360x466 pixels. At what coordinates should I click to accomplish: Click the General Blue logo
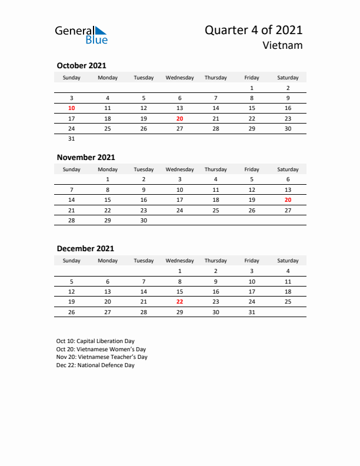81,35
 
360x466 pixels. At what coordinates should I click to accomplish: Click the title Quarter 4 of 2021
254,31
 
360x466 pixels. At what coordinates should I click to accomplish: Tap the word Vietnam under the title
283,45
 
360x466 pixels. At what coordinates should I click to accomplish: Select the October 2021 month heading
81,66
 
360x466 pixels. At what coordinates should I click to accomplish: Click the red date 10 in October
72,108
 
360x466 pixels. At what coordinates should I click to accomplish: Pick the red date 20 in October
180,118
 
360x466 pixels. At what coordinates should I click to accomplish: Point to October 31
72,139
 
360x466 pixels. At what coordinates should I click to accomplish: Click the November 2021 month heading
85,157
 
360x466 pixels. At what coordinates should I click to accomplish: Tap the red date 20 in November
288,199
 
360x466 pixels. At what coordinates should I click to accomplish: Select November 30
144,220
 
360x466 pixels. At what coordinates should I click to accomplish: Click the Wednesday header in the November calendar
180,169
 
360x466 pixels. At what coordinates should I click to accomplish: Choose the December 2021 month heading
85,248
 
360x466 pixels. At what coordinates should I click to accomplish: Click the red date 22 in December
180,301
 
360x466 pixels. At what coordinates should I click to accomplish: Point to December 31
252,312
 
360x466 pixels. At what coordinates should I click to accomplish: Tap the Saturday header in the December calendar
288,261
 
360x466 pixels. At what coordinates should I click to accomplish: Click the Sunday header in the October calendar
72,78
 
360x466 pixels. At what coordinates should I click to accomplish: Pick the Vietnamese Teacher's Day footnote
102,357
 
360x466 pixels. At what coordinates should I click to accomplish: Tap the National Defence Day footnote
95,365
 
